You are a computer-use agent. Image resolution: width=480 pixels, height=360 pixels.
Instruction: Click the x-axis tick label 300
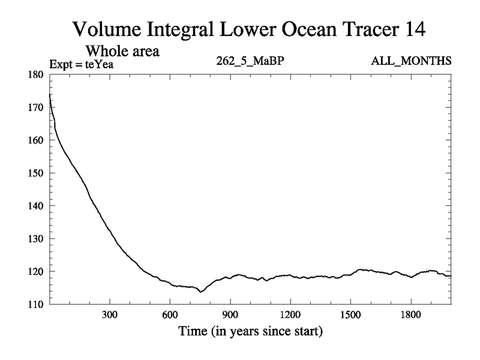(x=110, y=314)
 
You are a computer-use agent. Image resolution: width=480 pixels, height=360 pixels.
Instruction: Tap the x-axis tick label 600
(x=170, y=314)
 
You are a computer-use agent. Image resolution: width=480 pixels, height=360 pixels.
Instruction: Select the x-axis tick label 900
(x=230, y=314)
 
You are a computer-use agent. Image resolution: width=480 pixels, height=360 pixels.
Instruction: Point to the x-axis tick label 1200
(x=290, y=314)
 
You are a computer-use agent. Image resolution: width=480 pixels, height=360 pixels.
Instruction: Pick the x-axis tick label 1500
(x=350, y=314)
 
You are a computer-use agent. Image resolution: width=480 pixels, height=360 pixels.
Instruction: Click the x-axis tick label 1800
(x=410, y=314)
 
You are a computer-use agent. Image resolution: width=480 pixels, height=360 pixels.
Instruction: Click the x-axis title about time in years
(x=250, y=331)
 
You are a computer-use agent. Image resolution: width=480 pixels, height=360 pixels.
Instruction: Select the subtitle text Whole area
(x=122, y=51)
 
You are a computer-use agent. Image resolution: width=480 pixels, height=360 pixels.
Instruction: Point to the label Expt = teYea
(x=81, y=62)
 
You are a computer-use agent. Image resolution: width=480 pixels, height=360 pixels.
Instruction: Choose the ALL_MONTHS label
(x=412, y=61)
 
